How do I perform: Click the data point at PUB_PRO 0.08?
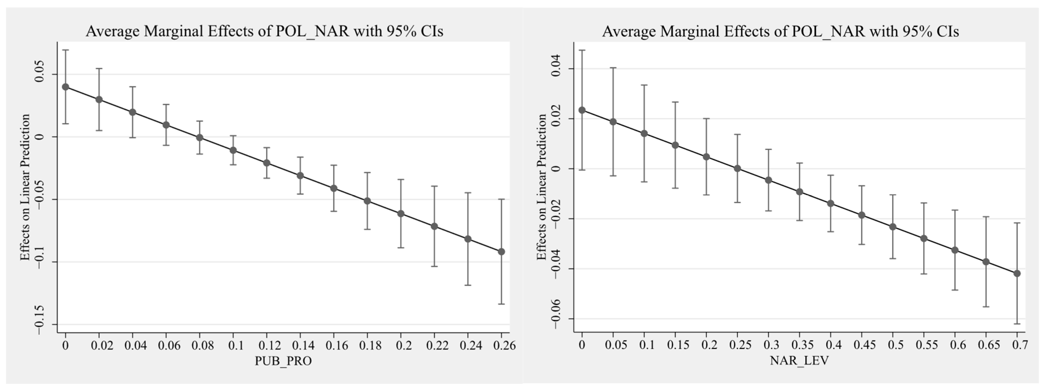199,138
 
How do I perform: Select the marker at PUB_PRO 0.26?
501,252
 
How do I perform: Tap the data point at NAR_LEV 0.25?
737,168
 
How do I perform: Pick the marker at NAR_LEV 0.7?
1017,273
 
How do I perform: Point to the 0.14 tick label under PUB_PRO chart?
300,346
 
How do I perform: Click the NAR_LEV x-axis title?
799,360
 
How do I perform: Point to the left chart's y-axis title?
25,187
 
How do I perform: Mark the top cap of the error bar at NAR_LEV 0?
582,50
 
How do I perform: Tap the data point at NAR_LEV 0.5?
892,227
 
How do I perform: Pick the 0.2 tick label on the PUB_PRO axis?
401,346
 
